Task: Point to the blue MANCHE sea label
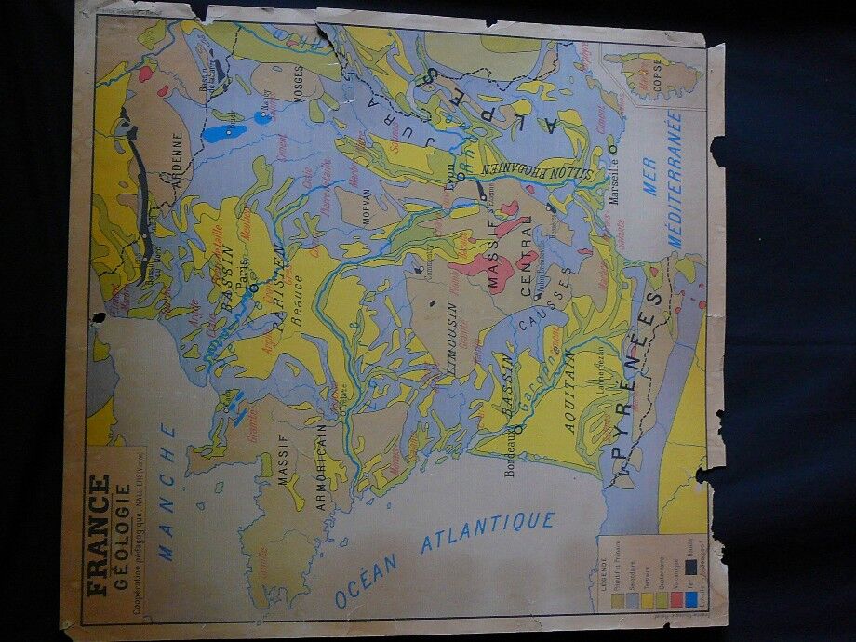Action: (x=167, y=491)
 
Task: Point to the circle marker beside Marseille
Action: (x=613, y=146)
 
